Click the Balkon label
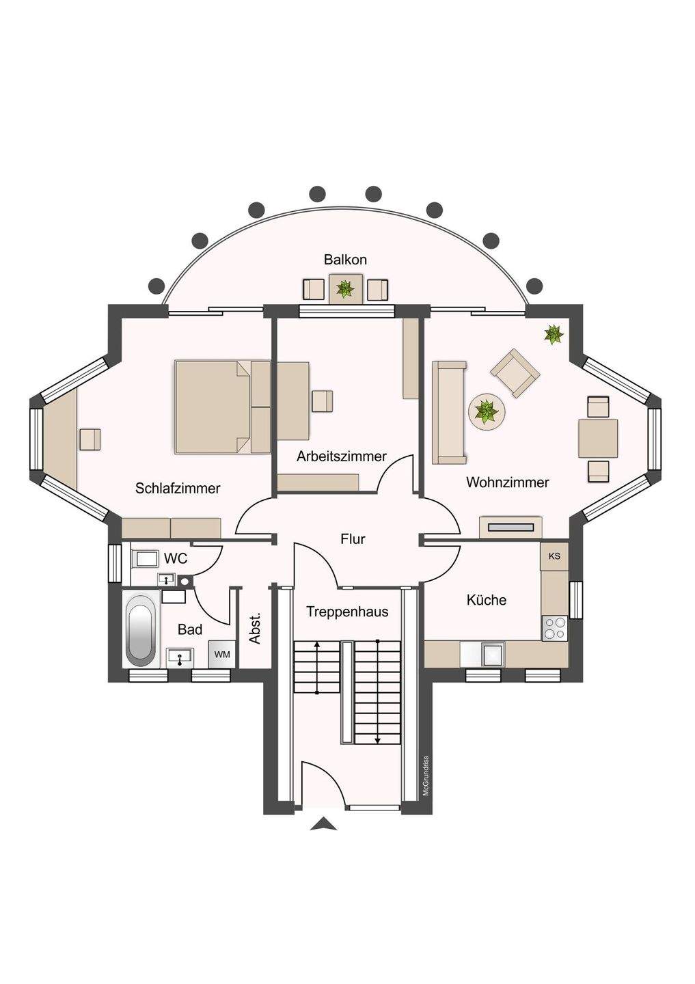coord(345,260)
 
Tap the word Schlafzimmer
coord(178,488)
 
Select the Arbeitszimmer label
coord(342,456)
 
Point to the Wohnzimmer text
coord(507,482)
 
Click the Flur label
coord(353,539)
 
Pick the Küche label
coord(487,600)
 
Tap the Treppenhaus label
coord(347,612)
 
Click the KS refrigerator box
coord(554,556)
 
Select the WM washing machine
coord(222,655)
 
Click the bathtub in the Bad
coord(141,630)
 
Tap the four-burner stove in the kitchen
coord(554,628)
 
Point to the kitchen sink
coord(492,654)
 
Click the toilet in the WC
coord(145,559)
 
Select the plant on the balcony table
coord(345,288)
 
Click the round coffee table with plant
coord(487,412)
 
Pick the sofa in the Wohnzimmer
coord(449,412)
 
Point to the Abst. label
coord(256,629)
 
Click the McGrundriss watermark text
coord(425,776)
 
